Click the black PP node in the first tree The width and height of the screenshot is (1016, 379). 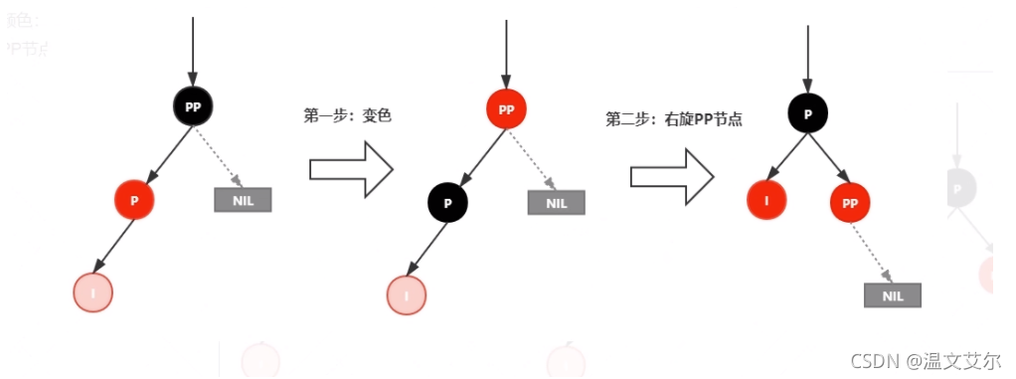(193, 105)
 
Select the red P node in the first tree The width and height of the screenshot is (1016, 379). (134, 200)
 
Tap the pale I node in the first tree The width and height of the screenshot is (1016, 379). (93, 292)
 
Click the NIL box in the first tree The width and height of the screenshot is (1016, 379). (243, 199)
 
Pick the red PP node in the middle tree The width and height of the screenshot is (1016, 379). (506, 109)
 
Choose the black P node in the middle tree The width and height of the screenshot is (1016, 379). (448, 203)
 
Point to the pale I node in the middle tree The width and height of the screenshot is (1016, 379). (407, 295)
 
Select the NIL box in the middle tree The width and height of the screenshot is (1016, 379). (557, 203)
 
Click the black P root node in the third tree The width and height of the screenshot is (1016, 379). (808, 113)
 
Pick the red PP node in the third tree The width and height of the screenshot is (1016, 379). (850, 203)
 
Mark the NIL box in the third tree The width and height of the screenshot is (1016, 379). (893, 295)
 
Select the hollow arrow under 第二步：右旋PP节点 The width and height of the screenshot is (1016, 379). (672, 175)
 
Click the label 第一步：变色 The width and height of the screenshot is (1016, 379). (348, 115)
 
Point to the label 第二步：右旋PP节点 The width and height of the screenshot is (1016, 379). (675, 119)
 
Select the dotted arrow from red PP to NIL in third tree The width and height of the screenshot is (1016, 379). (873, 255)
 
